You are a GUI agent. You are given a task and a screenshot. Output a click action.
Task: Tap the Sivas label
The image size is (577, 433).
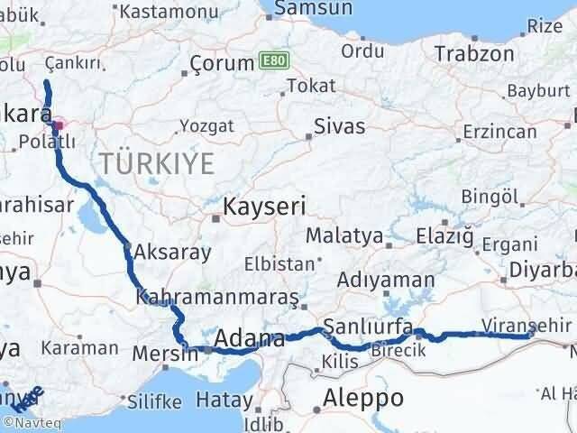[340, 125]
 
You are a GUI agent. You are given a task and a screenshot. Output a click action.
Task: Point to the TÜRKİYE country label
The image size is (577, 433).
[157, 163]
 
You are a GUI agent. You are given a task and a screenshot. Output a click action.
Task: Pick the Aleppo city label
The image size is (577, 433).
[363, 398]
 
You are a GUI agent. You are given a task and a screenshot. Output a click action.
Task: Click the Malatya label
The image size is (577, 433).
[344, 235]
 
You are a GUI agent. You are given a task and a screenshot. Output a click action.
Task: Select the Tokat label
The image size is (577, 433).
[304, 86]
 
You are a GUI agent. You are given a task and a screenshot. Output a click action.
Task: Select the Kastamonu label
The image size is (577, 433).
[161, 12]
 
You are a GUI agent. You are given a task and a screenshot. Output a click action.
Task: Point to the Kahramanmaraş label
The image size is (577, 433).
[216, 297]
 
